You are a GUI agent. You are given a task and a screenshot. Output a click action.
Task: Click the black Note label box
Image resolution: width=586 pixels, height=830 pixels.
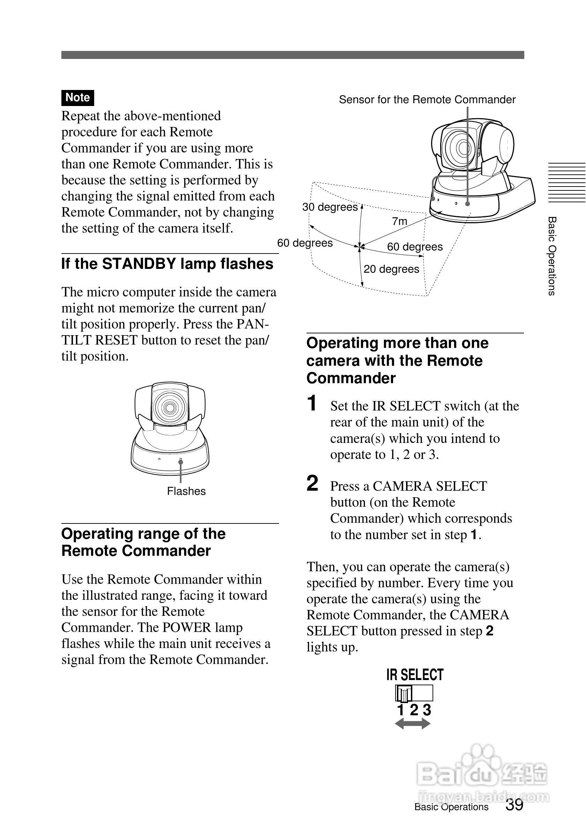click(77, 98)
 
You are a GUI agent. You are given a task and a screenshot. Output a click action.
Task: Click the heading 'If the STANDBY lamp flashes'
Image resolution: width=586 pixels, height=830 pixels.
click(167, 264)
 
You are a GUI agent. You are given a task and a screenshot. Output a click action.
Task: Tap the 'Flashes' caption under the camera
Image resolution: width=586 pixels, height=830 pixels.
click(186, 491)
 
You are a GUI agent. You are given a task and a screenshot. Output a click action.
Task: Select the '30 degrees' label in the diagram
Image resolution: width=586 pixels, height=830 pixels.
click(330, 207)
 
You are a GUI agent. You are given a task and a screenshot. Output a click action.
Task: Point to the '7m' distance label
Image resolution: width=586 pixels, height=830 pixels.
click(399, 221)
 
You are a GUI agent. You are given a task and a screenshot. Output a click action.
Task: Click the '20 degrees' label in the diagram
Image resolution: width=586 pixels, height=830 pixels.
click(391, 269)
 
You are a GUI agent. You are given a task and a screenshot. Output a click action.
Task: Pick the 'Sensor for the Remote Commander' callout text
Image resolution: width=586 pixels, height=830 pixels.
click(427, 99)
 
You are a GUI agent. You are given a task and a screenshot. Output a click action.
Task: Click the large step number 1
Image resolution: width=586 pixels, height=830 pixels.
click(312, 403)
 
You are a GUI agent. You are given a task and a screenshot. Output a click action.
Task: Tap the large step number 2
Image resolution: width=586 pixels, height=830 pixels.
click(312, 484)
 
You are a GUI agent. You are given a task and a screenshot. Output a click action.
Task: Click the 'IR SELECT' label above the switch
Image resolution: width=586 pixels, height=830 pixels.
click(415, 675)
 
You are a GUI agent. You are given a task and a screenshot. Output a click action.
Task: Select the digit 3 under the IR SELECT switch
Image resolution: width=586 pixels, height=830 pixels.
click(427, 710)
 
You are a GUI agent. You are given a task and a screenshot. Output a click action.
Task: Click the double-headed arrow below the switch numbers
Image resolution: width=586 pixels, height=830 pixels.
click(413, 724)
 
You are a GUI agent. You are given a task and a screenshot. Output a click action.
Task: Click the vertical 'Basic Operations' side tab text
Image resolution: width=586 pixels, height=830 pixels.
click(552, 256)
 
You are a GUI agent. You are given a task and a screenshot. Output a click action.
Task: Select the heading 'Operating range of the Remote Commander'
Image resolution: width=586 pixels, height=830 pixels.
click(143, 542)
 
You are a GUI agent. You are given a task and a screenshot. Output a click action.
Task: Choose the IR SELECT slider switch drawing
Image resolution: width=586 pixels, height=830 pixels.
click(414, 693)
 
